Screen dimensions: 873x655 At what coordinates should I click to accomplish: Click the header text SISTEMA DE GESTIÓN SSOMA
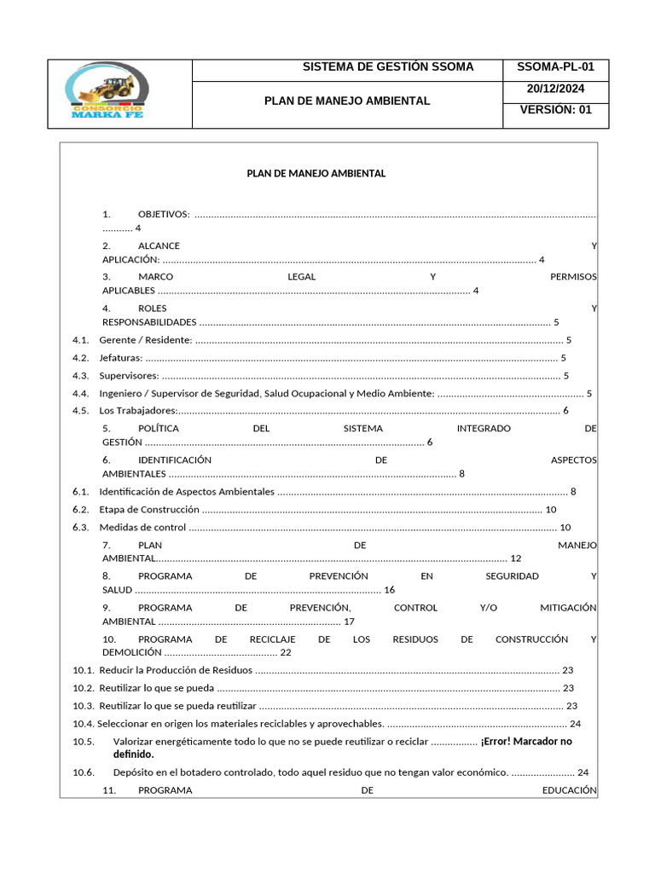click(388, 67)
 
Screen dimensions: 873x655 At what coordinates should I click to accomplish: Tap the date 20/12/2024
click(555, 89)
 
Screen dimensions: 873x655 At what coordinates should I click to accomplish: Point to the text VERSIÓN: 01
click(555, 110)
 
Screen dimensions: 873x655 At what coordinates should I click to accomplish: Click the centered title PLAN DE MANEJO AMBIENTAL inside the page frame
click(316, 173)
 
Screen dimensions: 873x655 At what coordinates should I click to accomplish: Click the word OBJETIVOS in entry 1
click(164, 214)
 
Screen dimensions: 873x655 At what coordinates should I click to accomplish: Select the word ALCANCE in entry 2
click(159, 246)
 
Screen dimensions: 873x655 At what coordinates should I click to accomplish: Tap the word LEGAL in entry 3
click(302, 277)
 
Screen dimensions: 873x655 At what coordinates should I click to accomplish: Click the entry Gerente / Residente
click(146, 340)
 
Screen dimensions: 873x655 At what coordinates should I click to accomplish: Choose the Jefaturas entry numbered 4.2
click(120, 358)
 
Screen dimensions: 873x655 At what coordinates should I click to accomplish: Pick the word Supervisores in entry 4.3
click(129, 375)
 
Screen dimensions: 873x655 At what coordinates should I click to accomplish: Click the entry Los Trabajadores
click(137, 411)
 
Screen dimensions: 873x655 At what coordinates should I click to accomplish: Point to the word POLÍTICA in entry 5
click(159, 428)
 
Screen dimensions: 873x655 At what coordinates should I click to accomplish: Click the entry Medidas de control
click(142, 527)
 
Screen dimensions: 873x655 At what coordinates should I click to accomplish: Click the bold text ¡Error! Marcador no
click(526, 741)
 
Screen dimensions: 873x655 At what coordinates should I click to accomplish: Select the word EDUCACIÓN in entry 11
click(569, 790)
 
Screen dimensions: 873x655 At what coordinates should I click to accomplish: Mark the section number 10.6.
click(84, 772)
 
